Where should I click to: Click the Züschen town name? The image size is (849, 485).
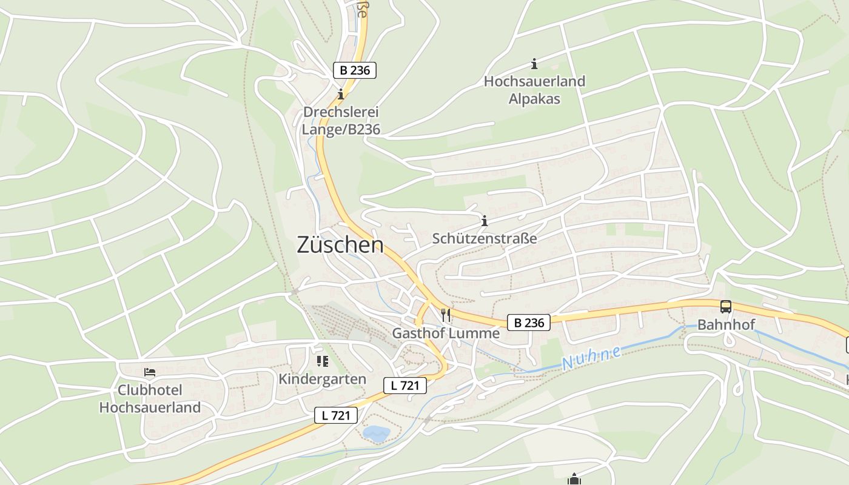(x=340, y=244)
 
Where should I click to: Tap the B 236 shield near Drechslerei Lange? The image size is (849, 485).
(x=355, y=70)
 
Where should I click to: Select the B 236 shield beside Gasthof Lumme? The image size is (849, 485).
(x=529, y=323)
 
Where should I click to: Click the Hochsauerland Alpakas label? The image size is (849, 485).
(x=534, y=90)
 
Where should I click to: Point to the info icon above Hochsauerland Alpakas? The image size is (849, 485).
(x=534, y=64)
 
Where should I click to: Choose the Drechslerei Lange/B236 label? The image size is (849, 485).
(x=341, y=121)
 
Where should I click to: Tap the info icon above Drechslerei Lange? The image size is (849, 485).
(x=341, y=94)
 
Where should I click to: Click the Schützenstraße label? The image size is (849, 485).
(x=485, y=238)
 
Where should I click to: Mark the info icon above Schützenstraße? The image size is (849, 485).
(x=484, y=221)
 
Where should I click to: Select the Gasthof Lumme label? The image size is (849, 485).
(x=446, y=333)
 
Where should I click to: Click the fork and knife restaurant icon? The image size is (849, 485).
(x=446, y=315)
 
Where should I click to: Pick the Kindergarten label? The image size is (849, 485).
(x=322, y=379)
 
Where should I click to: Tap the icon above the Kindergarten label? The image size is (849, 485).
(x=322, y=362)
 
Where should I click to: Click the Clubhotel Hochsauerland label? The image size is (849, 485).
(x=150, y=398)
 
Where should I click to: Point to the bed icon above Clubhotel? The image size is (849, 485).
(x=150, y=372)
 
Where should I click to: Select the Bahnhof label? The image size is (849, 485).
(x=726, y=324)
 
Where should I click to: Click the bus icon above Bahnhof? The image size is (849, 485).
(x=726, y=307)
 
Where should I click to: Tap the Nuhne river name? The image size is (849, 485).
(x=591, y=358)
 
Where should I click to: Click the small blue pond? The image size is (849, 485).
(x=377, y=433)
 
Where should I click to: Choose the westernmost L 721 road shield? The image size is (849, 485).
(x=335, y=415)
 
